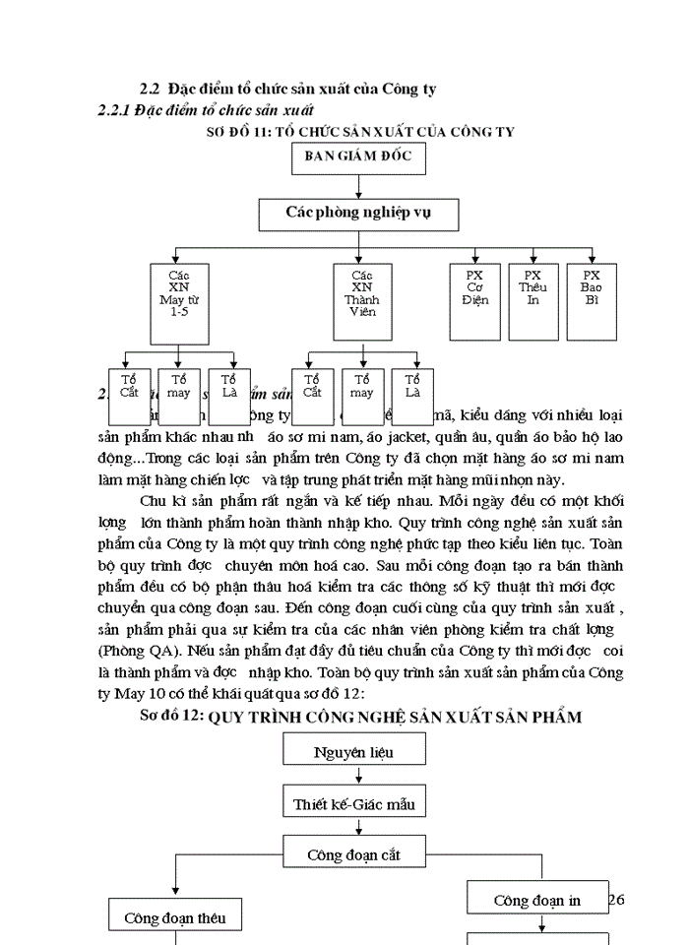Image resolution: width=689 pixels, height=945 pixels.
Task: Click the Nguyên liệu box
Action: click(x=353, y=753)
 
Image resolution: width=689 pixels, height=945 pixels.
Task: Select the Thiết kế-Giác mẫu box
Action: click(x=353, y=804)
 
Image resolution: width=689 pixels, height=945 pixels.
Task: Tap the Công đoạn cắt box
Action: click(x=353, y=854)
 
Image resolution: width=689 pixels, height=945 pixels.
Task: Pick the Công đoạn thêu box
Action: click(x=174, y=917)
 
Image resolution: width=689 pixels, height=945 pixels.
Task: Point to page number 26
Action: click(x=617, y=900)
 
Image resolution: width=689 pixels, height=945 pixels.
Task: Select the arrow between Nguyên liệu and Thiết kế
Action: click(x=358, y=778)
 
